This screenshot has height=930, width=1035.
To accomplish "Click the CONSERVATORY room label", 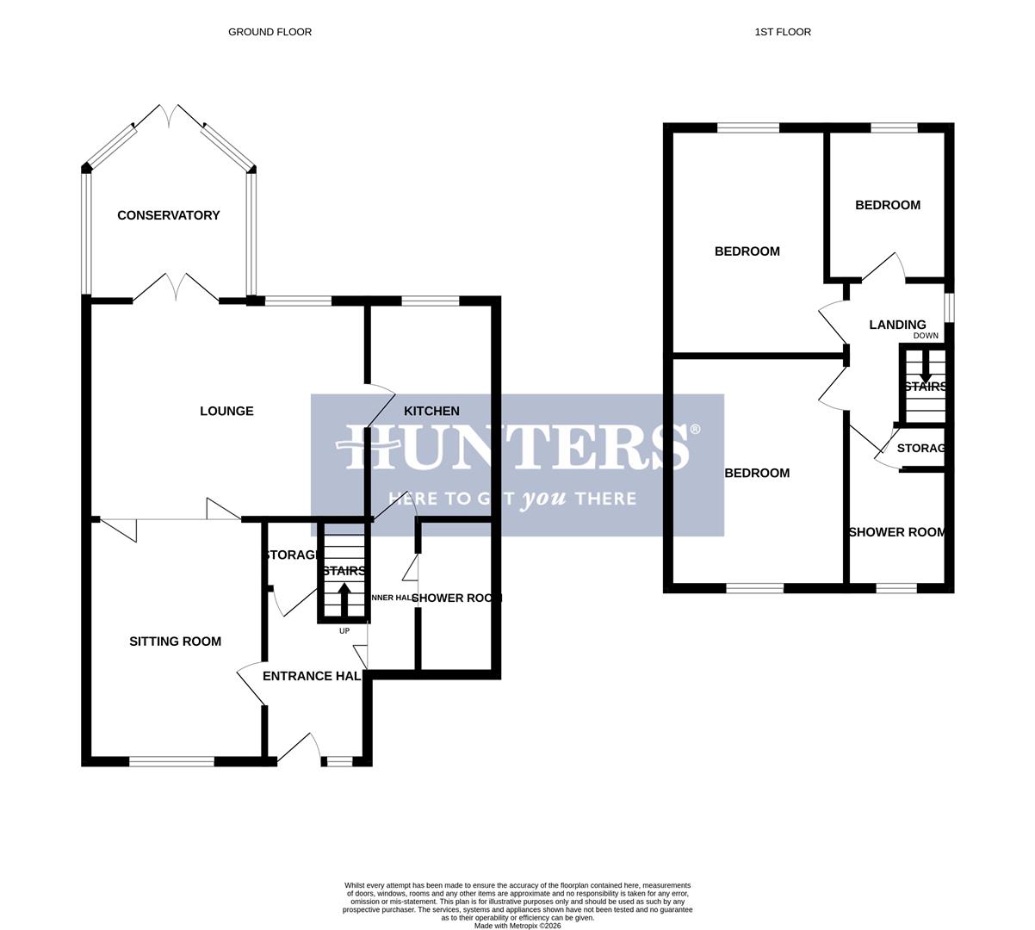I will click(x=169, y=215).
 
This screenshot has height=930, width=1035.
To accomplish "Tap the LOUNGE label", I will click(x=226, y=411).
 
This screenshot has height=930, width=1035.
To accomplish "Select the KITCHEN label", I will click(x=431, y=411).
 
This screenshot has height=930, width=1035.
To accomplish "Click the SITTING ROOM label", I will click(x=175, y=642).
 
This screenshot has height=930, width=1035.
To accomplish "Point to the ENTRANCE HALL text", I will click(x=311, y=676).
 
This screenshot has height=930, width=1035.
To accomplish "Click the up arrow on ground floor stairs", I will click(x=344, y=598).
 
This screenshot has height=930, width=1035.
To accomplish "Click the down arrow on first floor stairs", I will click(x=925, y=370).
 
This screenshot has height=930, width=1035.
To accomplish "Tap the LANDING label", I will click(x=897, y=325).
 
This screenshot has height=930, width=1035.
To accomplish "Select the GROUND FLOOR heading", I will click(x=270, y=32).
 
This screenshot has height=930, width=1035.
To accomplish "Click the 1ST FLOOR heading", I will click(x=783, y=32).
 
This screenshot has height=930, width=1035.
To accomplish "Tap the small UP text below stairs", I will click(x=344, y=631).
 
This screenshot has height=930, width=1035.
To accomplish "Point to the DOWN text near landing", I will click(x=926, y=336).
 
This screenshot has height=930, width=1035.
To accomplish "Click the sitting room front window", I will click(x=171, y=761).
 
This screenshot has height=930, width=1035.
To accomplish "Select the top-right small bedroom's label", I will click(x=887, y=205).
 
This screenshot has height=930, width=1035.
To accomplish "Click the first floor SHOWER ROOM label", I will click(x=896, y=532).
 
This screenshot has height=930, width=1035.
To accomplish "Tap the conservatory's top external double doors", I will click(x=170, y=116).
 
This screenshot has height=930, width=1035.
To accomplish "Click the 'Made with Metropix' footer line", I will click(x=517, y=926).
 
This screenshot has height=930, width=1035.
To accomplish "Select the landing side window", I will click(x=949, y=307).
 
